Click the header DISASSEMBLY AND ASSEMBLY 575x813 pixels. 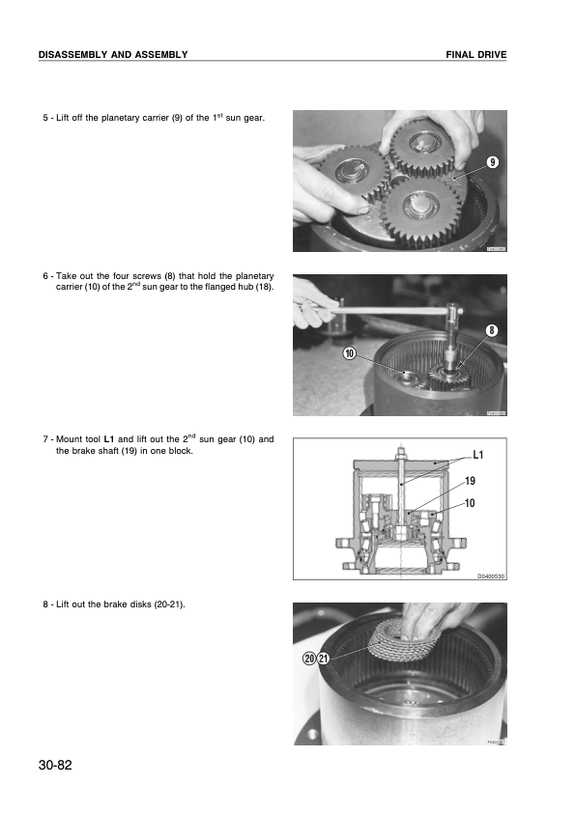click(x=112, y=55)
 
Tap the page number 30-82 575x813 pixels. click(x=56, y=765)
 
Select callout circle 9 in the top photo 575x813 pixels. click(x=492, y=162)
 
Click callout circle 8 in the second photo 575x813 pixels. click(x=491, y=330)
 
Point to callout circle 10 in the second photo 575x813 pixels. click(x=350, y=353)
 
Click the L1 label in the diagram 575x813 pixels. click(x=479, y=453)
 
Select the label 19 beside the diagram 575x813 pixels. click(x=470, y=480)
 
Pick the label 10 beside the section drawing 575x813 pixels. click(x=470, y=504)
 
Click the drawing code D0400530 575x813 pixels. click(x=491, y=576)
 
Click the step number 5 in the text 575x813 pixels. click(x=45, y=118)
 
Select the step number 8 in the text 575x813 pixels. click(x=45, y=604)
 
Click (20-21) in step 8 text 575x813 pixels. click(x=168, y=604)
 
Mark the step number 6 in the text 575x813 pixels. click(x=45, y=276)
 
